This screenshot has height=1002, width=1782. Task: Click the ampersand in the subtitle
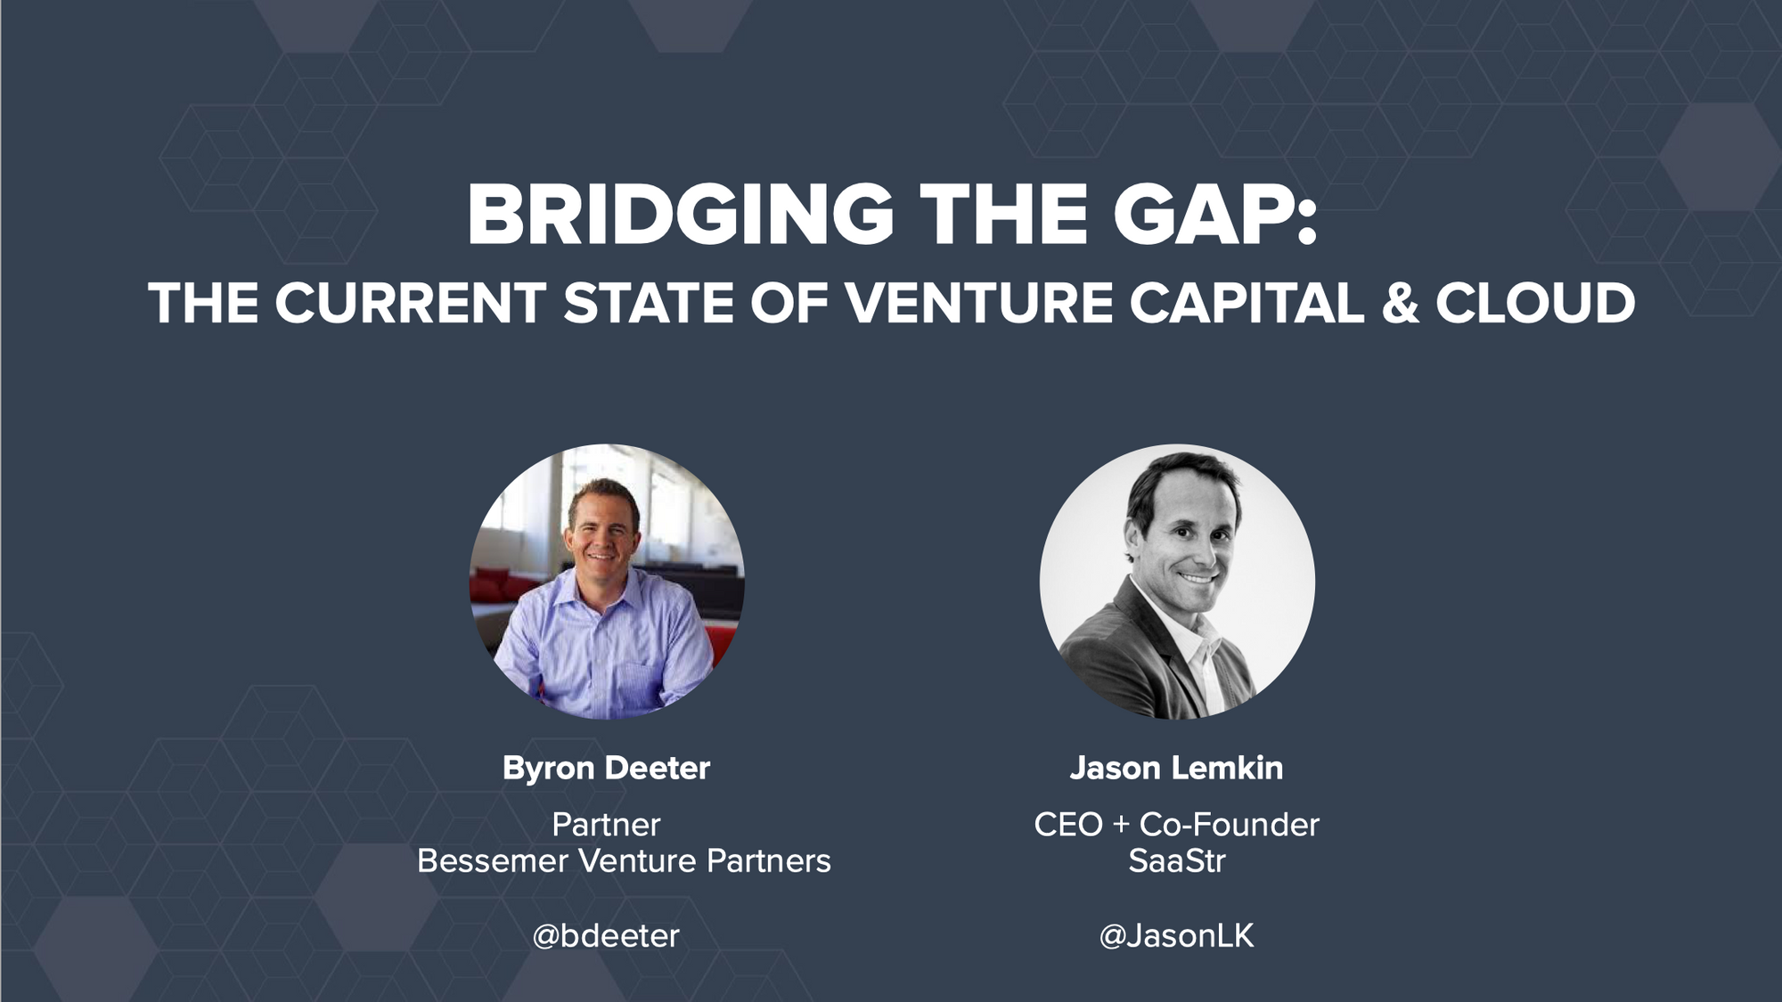point(1400,303)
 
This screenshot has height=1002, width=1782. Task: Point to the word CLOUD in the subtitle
point(1535,303)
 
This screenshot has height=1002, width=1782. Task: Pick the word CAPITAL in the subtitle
point(1247,303)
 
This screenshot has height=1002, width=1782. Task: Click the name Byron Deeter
point(606,768)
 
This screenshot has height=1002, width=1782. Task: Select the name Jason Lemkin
point(1176,768)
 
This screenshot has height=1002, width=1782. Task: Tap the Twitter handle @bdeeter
point(606,935)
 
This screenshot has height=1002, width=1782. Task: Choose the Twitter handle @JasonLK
point(1176,935)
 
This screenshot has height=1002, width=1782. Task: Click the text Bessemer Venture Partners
point(624,861)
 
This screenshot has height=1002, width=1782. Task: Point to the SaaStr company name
point(1176,861)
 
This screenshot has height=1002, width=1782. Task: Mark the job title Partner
point(606,825)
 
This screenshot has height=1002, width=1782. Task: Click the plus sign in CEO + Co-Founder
point(1121,826)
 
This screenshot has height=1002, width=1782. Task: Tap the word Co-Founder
point(1230,825)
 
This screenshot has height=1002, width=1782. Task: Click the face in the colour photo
point(601,530)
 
